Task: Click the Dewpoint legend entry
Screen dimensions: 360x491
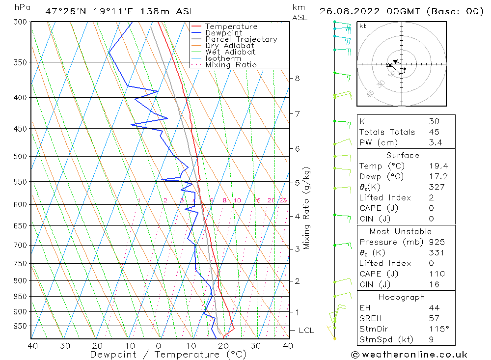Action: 223,33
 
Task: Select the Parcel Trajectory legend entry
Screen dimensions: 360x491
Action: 241,39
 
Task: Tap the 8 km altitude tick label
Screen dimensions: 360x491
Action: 297,78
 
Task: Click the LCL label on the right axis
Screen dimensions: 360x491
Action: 306,331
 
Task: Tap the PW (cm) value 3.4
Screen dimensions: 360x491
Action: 435,142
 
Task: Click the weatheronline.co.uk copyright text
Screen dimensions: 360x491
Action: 409,355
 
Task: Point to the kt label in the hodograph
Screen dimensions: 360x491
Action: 362,26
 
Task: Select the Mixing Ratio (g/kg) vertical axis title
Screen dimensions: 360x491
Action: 307,208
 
